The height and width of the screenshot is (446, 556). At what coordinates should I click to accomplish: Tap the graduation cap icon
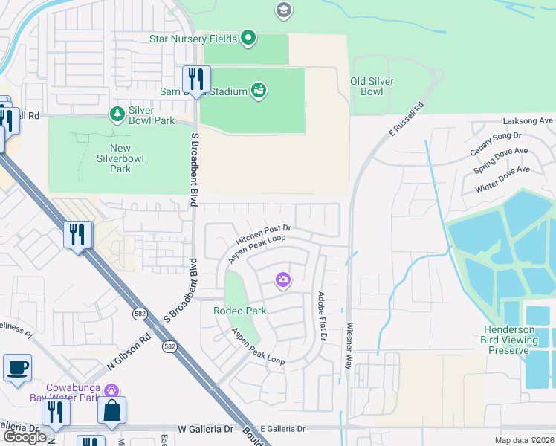coord(283,10)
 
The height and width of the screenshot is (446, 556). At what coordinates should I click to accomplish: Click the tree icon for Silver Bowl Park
coord(117,114)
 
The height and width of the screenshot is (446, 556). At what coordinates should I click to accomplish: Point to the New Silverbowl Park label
coord(120,158)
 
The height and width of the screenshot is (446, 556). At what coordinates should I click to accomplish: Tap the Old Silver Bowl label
coord(372,86)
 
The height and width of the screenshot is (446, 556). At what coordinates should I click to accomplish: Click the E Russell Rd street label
coord(404,122)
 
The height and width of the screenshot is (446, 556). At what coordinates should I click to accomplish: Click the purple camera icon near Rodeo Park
coord(283,280)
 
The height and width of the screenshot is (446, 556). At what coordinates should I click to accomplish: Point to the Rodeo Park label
coord(239,310)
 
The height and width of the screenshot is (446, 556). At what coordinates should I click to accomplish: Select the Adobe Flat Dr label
coord(323,315)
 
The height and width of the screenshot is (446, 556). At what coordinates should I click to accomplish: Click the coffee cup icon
coord(17,366)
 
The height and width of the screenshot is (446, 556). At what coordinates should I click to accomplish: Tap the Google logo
coord(25,436)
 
